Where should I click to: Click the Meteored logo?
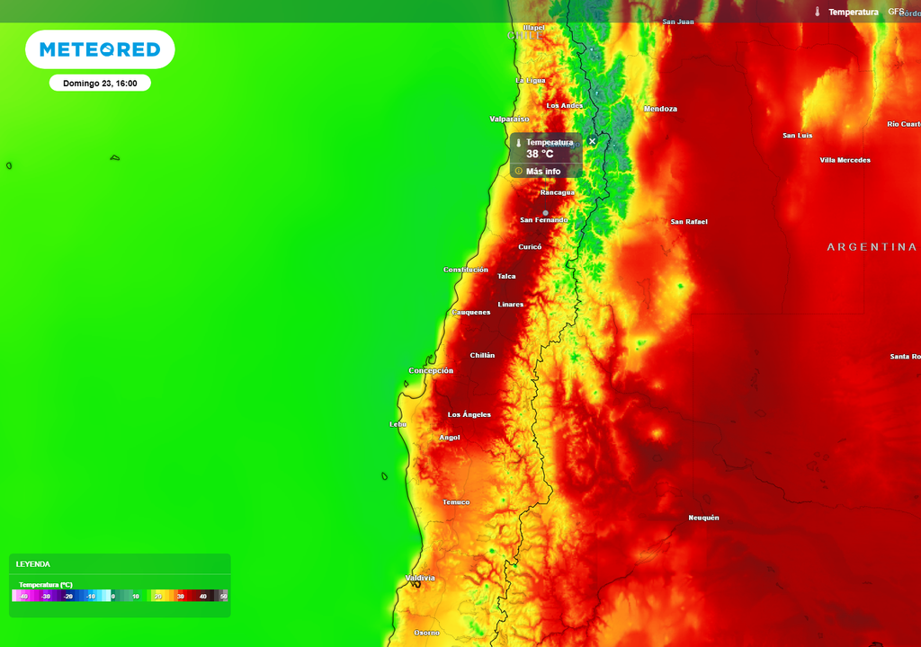[100, 49]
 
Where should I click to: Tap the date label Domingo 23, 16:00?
[100, 84]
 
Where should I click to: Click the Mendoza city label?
[660, 110]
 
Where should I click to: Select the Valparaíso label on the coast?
[509, 119]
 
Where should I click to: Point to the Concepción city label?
[431, 371]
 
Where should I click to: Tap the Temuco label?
[456, 502]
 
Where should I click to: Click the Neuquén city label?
[703, 518]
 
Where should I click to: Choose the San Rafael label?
[689, 222]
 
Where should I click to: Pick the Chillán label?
[482, 356]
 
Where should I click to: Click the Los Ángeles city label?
[469, 415]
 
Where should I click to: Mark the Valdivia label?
[420, 578]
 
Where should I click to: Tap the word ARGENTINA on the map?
[872, 247]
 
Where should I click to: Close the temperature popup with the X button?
[592, 141]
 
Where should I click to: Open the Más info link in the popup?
[542, 172]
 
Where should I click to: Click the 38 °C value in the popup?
[540, 155]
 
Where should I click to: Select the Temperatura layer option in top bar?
[853, 12]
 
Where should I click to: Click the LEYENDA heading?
[33, 564]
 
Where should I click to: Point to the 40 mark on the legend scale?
[203, 597]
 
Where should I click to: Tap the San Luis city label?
[798, 136]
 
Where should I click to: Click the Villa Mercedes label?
[845, 161]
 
